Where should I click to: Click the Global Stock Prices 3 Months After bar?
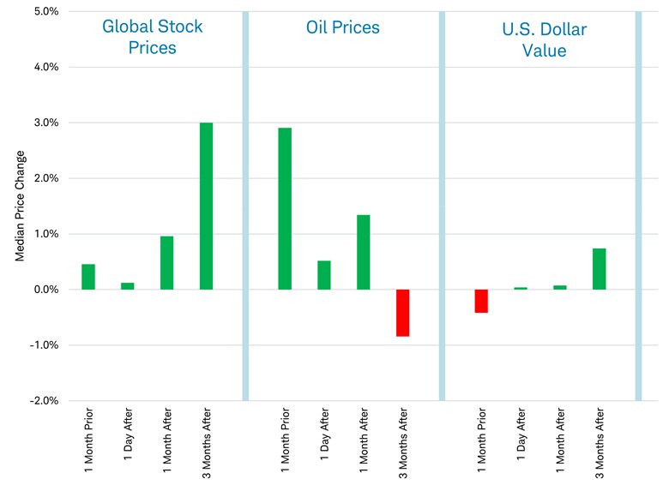click(x=206, y=206)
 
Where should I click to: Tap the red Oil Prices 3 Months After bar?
click(x=403, y=313)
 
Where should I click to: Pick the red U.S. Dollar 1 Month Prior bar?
click(x=481, y=301)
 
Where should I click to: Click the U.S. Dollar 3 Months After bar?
click(x=600, y=269)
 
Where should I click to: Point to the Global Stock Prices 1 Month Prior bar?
click(x=88, y=277)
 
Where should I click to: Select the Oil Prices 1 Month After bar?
click(x=364, y=252)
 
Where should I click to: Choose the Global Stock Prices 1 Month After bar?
click(x=166, y=262)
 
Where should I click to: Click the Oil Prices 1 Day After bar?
click(x=324, y=275)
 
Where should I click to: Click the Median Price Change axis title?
click(x=21, y=206)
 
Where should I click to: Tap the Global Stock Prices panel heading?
click(x=153, y=37)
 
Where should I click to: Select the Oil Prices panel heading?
click(x=343, y=27)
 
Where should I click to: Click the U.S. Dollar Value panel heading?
click(x=544, y=40)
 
